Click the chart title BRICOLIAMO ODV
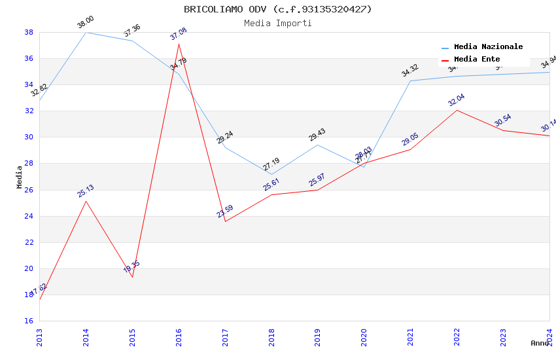[277, 9]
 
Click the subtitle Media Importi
[277, 23]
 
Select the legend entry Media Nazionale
[488, 47]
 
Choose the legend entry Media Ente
[477, 60]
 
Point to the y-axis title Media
[20, 177]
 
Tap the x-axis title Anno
[540, 343]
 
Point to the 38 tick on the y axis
[29, 32]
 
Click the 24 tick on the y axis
[29, 216]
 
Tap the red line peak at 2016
[179, 44]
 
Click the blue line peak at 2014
[86, 32]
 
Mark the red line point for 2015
[132, 277]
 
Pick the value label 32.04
[457, 99]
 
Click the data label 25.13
[86, 190]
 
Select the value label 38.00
[86, 22]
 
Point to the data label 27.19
[271, 165]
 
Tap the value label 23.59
[225, 211]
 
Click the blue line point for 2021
[411, 81]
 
